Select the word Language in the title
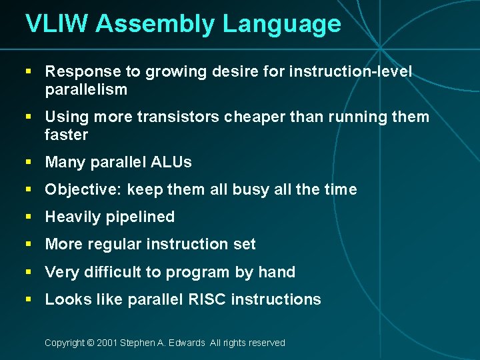[282, 24]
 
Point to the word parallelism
[86, 89]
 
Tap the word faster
[66, 135]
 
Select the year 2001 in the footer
[107, 343]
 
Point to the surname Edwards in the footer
[187, 343]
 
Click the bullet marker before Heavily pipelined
[28, 217]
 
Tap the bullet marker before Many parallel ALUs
[28, 162]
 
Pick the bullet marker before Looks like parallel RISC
[28, 299]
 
